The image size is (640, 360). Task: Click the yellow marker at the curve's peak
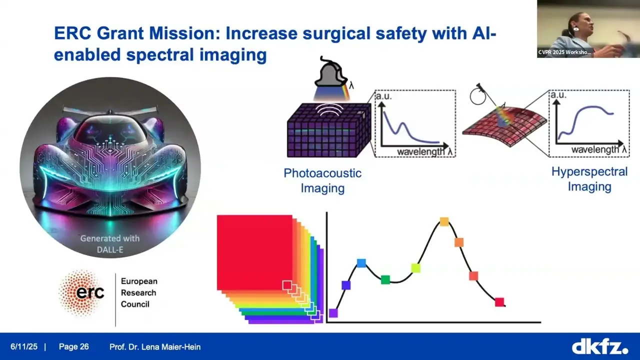coord(444,221)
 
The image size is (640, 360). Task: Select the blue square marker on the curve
coord(361,263)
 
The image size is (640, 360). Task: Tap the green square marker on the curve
coord(385,279)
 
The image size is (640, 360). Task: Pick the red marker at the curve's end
coord(499,302)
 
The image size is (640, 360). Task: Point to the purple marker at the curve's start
coord(333,313)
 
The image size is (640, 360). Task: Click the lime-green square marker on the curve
coord(416,268)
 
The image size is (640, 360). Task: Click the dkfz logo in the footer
coord(600,346)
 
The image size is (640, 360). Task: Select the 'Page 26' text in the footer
coord(73,346)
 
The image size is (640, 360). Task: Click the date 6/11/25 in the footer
coord(24,346)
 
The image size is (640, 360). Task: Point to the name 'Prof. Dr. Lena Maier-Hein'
coord(155,347)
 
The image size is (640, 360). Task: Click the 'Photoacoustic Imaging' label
coord(322,180)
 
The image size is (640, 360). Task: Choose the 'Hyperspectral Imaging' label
coord(589,179)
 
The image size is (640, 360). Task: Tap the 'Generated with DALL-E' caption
coord(110,244)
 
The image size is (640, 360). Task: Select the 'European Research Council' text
coord(139,292)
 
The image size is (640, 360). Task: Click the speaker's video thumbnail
coord(588,29)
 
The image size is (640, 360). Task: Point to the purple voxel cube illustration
coord(329,130)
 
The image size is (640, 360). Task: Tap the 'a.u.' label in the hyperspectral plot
coord(559,95)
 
